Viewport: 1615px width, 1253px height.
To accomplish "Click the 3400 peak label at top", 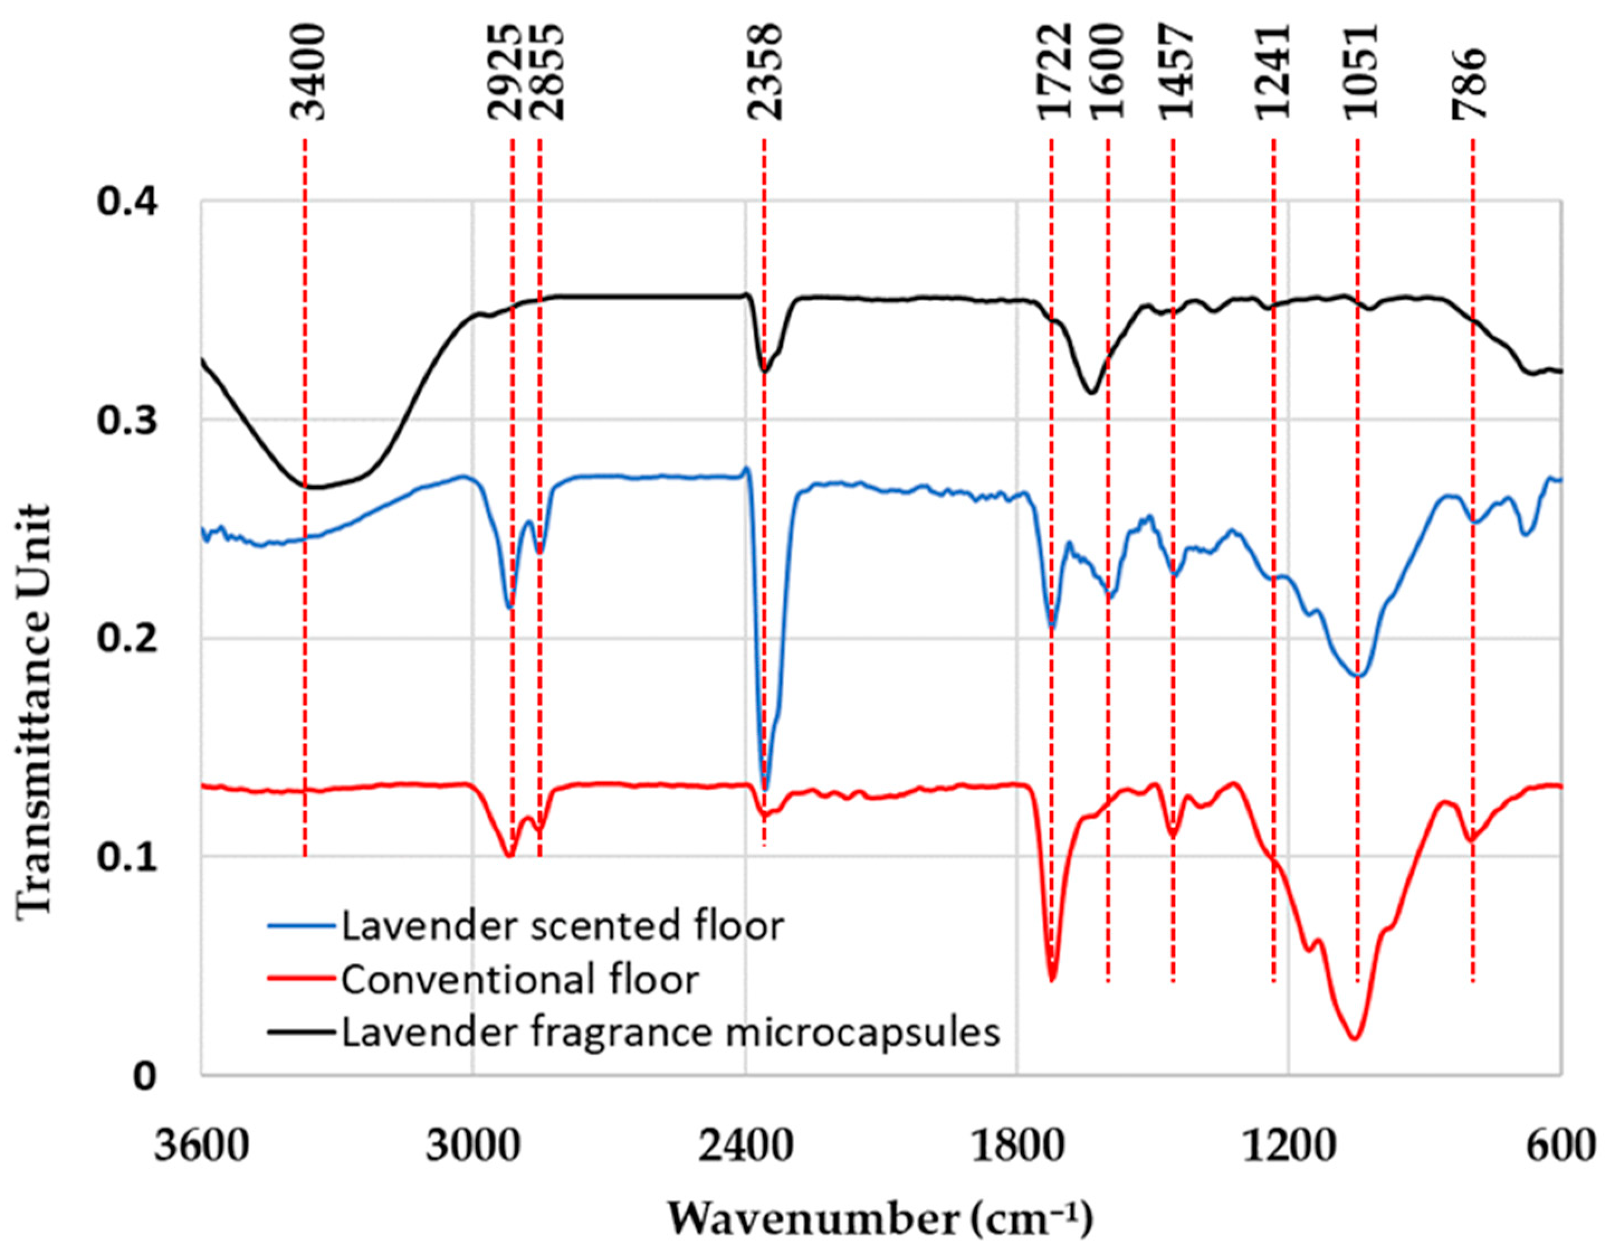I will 306,73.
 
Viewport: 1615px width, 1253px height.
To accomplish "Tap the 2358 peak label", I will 763,73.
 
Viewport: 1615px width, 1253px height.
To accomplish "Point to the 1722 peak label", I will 1052,73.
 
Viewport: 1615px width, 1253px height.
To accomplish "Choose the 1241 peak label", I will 1272,73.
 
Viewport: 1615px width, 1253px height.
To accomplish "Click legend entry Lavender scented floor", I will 561,926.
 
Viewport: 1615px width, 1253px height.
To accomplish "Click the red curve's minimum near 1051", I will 1355,1038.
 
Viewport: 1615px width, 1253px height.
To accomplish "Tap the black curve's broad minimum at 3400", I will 314,487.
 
